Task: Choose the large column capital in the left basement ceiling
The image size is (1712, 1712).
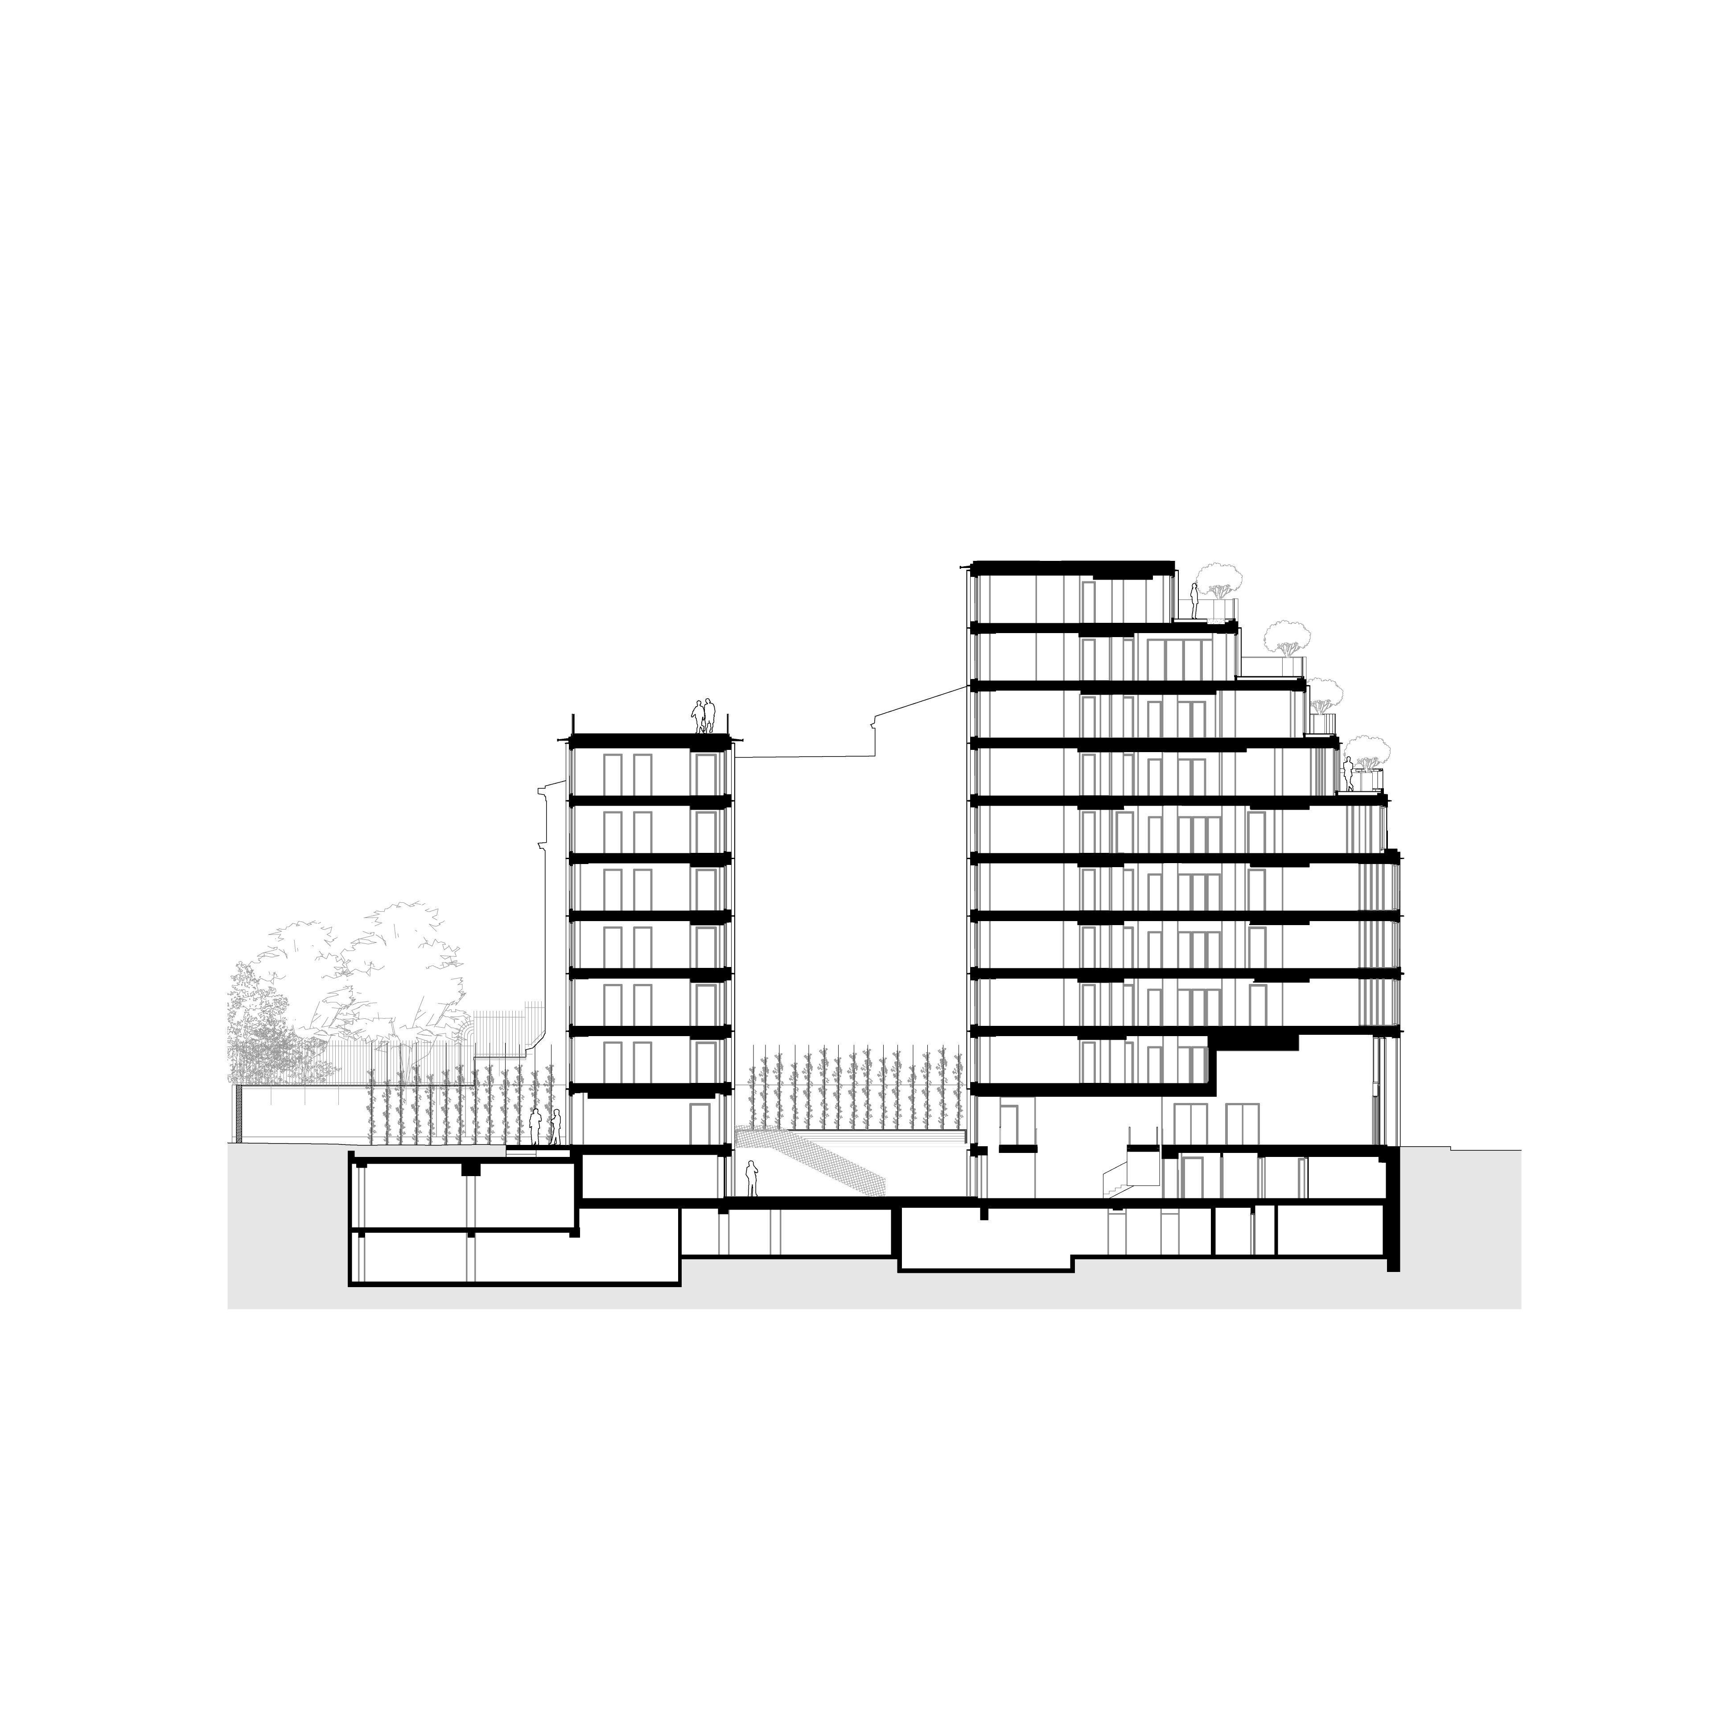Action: point(467,1170)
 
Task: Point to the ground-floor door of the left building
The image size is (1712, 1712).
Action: point(700,1125)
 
